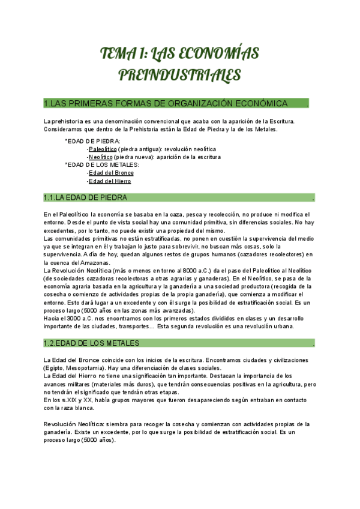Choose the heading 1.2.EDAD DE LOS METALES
point(91,343)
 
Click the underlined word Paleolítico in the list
point(102,148)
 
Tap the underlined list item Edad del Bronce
point(111,173)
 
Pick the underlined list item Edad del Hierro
point(110,181)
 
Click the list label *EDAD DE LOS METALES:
point(102,164)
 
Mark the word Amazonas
point(93,262)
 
